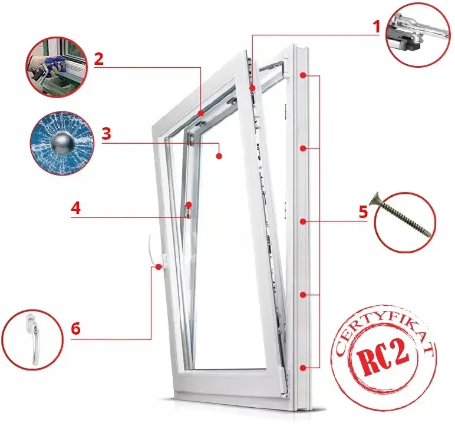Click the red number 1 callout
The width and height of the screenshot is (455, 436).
(377, 27)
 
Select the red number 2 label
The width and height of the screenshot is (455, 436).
(98, 59)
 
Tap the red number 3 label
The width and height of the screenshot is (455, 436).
(107, 134)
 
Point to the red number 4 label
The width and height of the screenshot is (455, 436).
(76, 209)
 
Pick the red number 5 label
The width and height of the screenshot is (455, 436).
(363, 212)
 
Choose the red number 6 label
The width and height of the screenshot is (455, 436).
(76, 329)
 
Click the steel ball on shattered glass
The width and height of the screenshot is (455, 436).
(63, 143)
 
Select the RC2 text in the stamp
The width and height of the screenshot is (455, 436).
(382, 356)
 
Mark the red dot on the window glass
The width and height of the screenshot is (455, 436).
(219, 156)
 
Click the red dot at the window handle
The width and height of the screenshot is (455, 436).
(159, 267)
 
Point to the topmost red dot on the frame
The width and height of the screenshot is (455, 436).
(303, 75)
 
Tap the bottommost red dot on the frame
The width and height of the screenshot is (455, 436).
(303, 368)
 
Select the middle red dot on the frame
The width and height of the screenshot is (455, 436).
(303, 222)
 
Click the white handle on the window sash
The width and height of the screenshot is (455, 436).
(157, 252)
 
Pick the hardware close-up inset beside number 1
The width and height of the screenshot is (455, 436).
(418, 34)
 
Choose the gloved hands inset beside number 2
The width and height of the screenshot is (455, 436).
(57, 67)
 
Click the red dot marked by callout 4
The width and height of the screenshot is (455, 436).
(189, 204)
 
